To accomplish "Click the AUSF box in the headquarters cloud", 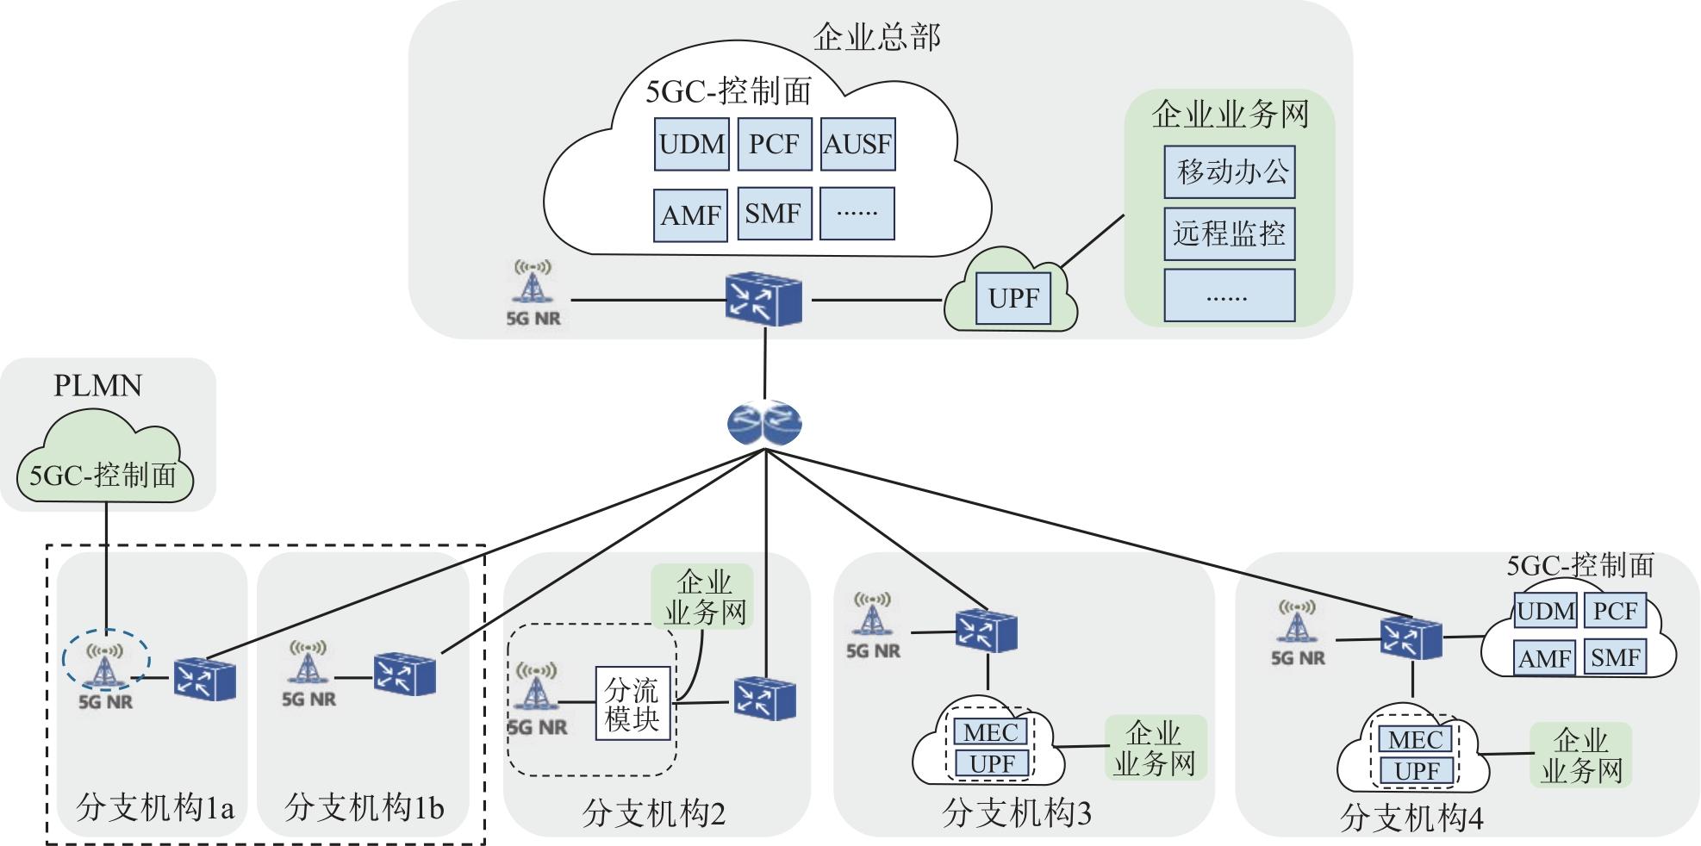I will (857, 144).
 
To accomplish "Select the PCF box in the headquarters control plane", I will (774, 144).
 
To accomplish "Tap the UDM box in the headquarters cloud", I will (691, 144).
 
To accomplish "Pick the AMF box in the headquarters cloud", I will (690, 215).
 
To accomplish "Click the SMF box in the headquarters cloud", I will (774, 214).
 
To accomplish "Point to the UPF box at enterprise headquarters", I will (1013, 299).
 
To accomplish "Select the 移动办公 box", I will (1230, 172).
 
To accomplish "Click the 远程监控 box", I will (1230, 233).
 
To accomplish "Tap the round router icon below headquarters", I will (764, 423).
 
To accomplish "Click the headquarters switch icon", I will (763, 299).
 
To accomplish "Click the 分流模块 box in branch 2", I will (632, 703).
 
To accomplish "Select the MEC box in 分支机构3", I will (991, 732).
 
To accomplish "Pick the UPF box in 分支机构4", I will (1417, 770).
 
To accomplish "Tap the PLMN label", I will (98, 385).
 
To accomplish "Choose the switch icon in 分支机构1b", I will (404, 674).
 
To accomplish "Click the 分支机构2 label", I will (654, 813).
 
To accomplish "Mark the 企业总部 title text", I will (876, 37).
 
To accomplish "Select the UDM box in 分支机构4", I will (1545, 612).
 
